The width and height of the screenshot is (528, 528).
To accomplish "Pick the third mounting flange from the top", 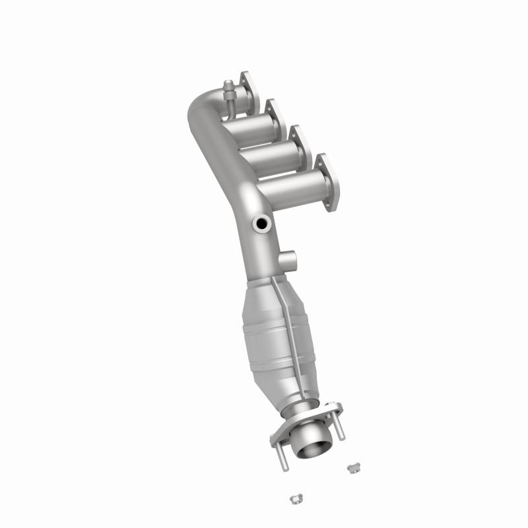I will click(x=301, y=148).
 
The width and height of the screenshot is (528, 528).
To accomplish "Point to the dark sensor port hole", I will click(x=263, y=224).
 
